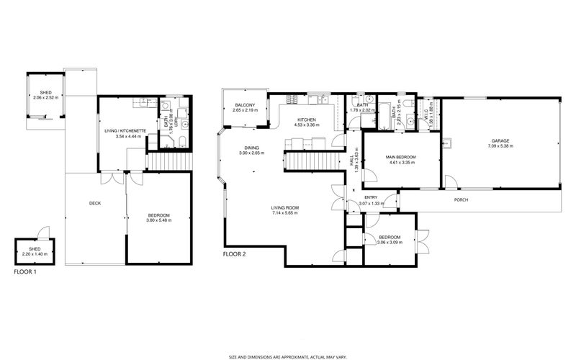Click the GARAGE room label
[500, 141]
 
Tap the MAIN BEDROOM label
[401, 157]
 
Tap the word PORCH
[462, 199]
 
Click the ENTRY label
[371, 198]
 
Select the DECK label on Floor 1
[94, 203]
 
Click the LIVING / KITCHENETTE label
[126, 130]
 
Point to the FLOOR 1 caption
[25, 272]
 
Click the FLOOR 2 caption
[235, 254]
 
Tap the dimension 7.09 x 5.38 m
[500, 146]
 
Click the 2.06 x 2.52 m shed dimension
[45, 97]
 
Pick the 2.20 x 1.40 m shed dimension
[35, 254]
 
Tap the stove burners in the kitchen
[293, 98]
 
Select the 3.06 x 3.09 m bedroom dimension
[390, 242]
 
